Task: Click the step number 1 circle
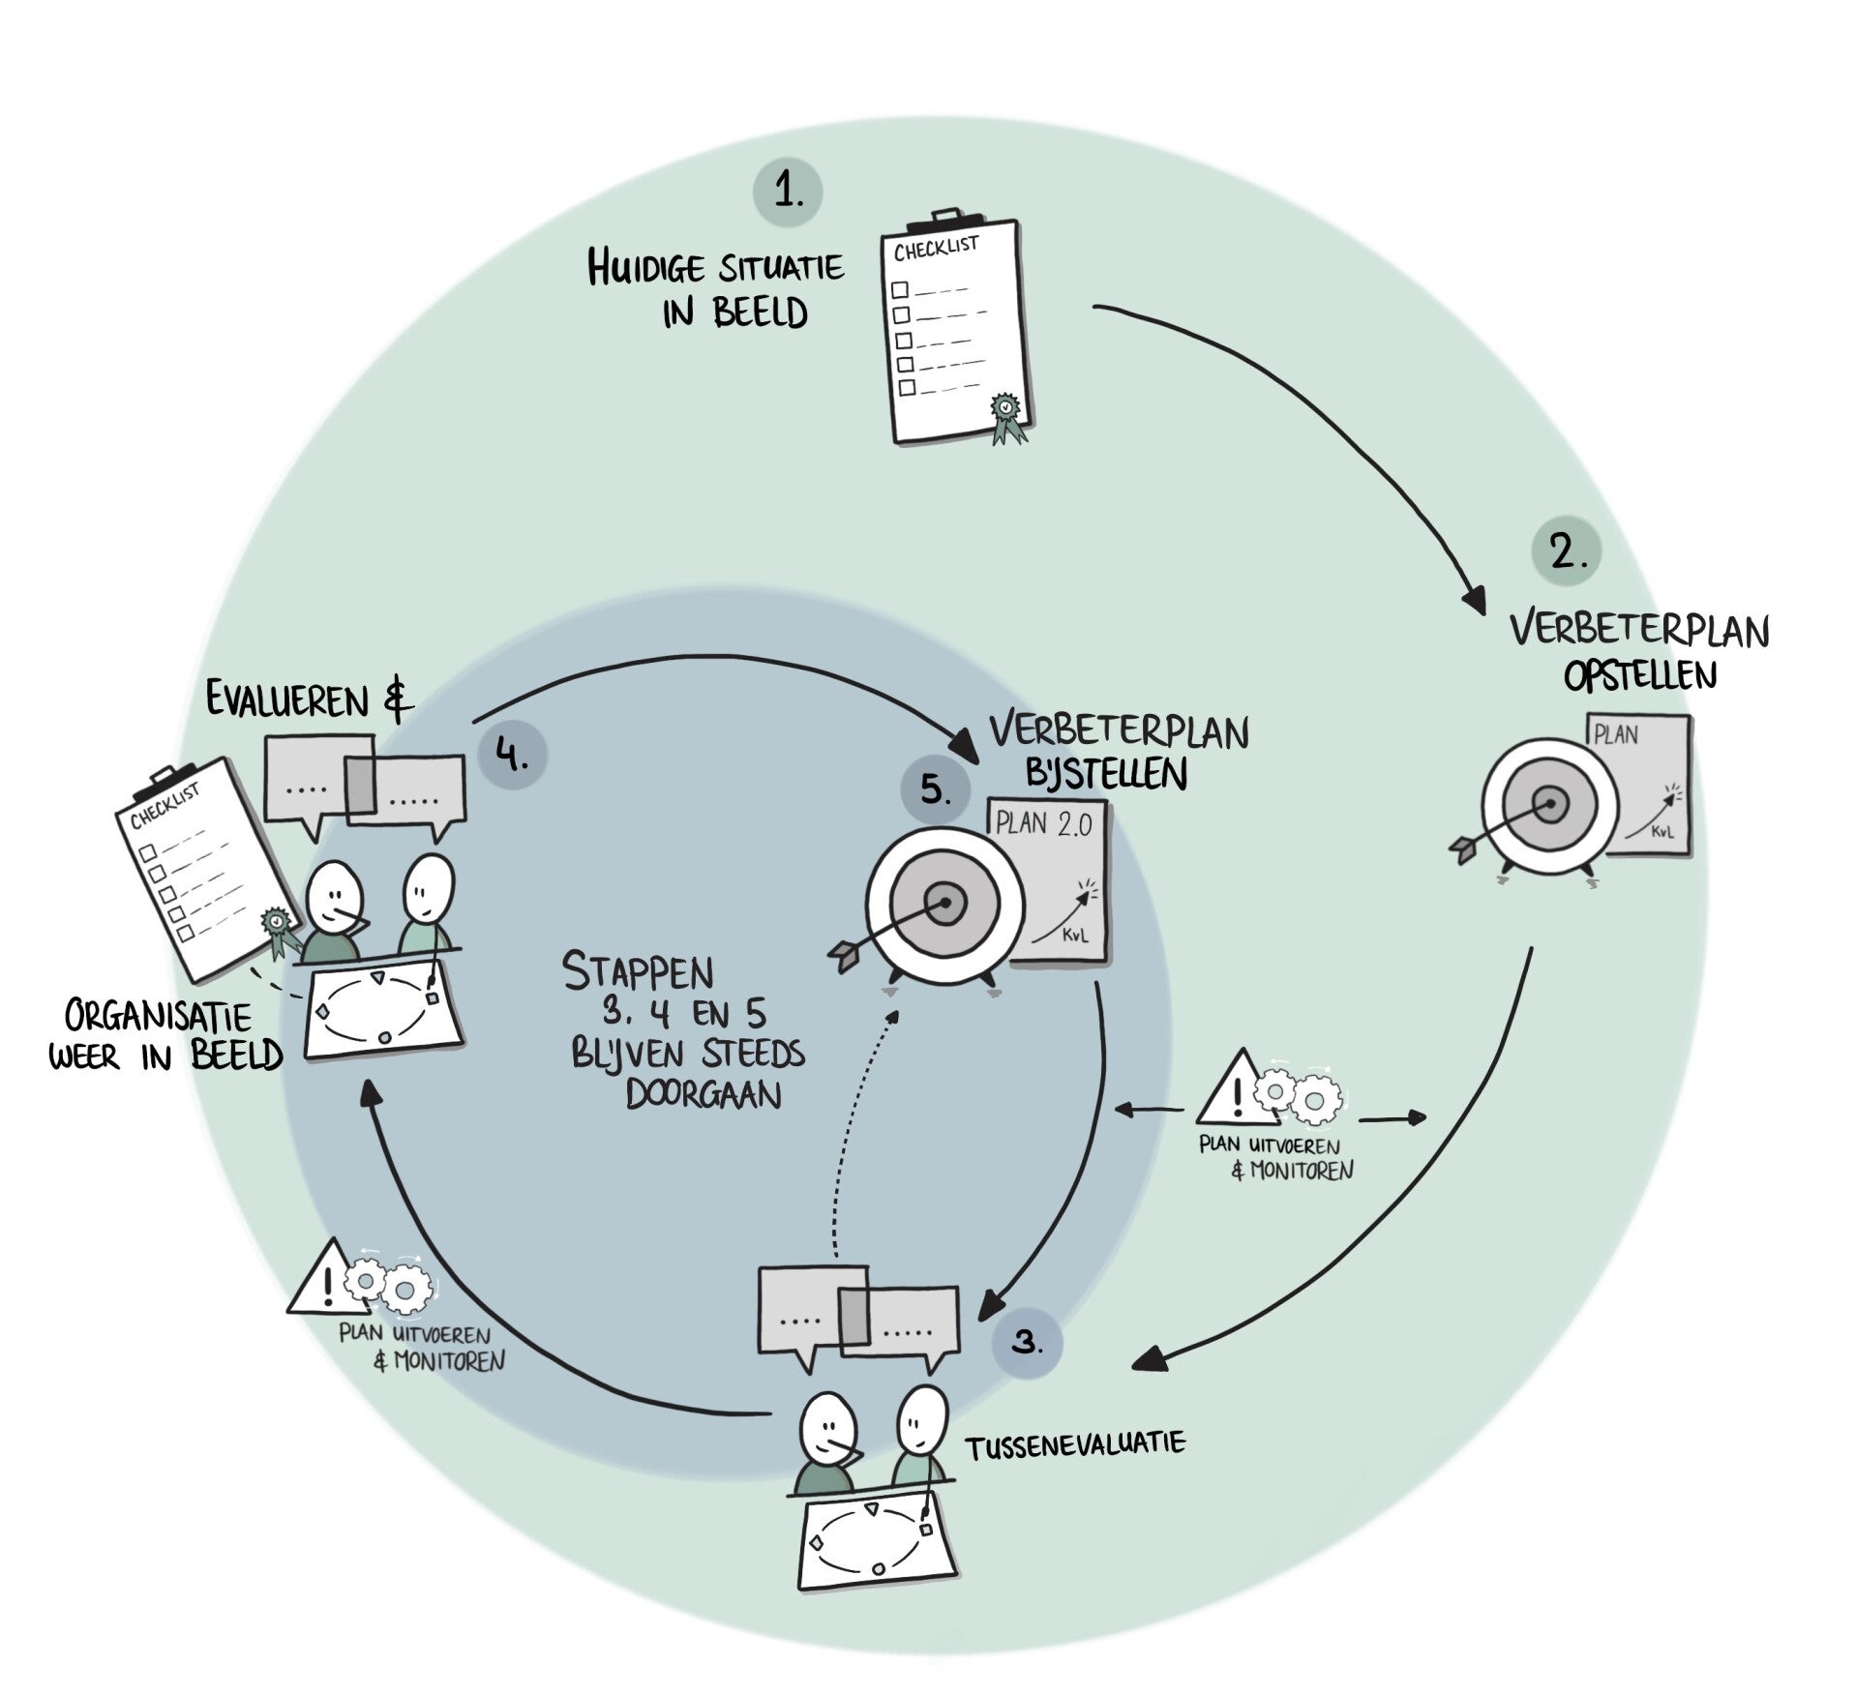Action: point(788,193)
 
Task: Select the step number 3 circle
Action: point(1027,1343)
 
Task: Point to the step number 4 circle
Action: point(512,755)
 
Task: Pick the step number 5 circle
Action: point(935,789)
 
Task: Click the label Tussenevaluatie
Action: point(1075,1445)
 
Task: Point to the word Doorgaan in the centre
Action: point(704,1095)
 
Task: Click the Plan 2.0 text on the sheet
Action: point(1044,824)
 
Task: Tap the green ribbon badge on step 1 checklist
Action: point(1006,410)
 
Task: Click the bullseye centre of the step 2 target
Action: point(1550,804)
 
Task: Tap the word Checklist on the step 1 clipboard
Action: point(936,249)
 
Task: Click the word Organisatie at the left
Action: point(158,1017)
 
